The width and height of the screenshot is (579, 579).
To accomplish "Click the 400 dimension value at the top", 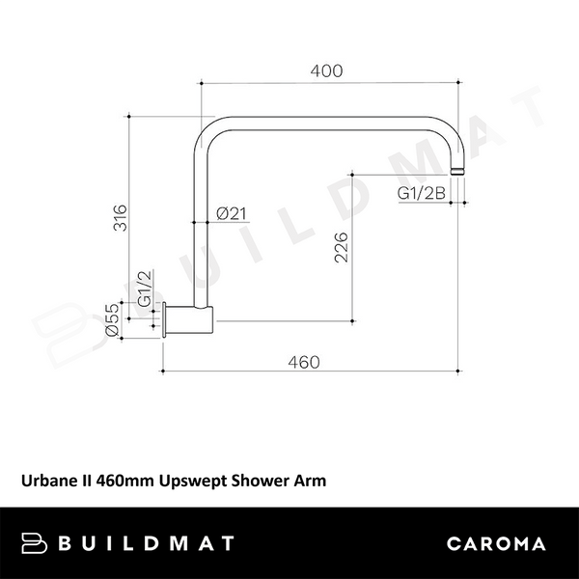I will coord(330,71).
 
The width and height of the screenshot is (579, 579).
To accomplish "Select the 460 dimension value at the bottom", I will coord(303,362).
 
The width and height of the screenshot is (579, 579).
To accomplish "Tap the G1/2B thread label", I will coord(422,193).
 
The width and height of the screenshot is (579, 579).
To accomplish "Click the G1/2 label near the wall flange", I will coord(144,289).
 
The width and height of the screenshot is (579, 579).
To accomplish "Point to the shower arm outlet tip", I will coord(465,170).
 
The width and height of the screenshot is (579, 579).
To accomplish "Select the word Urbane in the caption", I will coord(46,478).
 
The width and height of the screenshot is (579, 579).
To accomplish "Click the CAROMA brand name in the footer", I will coord(496,542).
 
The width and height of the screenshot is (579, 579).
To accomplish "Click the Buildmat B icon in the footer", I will coord(36,542).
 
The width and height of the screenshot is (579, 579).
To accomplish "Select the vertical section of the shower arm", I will coord(201,232).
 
